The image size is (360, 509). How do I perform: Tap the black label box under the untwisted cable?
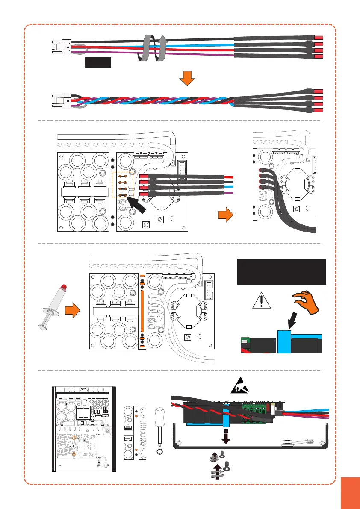[x=98, y=62]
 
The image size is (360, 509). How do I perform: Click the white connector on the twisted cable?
[x=61, y=101]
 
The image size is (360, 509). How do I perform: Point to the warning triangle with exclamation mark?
[x=262, y=301]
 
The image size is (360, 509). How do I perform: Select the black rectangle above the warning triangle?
[x=281, y=272]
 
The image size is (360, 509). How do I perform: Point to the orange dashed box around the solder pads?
[x=124, y=185]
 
